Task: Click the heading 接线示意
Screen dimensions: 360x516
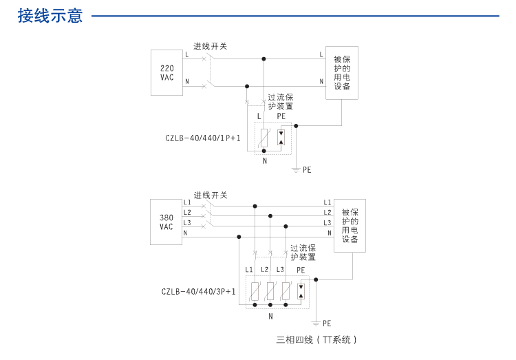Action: [x=50, y=16]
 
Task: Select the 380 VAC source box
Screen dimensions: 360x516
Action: [x=166, y=222]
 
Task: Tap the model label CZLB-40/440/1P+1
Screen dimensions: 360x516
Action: [x=203, y=138]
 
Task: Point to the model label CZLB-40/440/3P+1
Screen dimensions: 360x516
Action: [x=199, y=292]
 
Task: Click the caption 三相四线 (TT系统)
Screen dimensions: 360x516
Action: [x=316, y=339]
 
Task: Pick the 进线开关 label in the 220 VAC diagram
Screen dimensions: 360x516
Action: [x=210, y=46]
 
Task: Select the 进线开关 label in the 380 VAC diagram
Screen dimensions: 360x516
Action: [x=210, y=195]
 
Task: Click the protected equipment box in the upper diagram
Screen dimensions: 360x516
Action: [x=342, y=73]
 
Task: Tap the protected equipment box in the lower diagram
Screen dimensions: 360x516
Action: [x=350, y=226]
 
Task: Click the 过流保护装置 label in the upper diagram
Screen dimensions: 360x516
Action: [x=280, y=102]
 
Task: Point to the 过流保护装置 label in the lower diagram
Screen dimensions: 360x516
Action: [x=303, y=253]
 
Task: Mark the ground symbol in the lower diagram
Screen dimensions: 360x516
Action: [x=316, y=322]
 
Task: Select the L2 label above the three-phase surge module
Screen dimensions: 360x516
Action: [x=265, y=269]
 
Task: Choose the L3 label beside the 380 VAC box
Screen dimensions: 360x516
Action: [x=187, y=222]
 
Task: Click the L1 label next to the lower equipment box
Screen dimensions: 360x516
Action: [x=327, y=202]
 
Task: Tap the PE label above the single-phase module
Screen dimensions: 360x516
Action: [x=281, y=116]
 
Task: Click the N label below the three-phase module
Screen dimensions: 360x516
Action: [x=270, y=317]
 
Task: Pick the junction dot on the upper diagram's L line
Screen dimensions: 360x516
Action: [x=264, y=59]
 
